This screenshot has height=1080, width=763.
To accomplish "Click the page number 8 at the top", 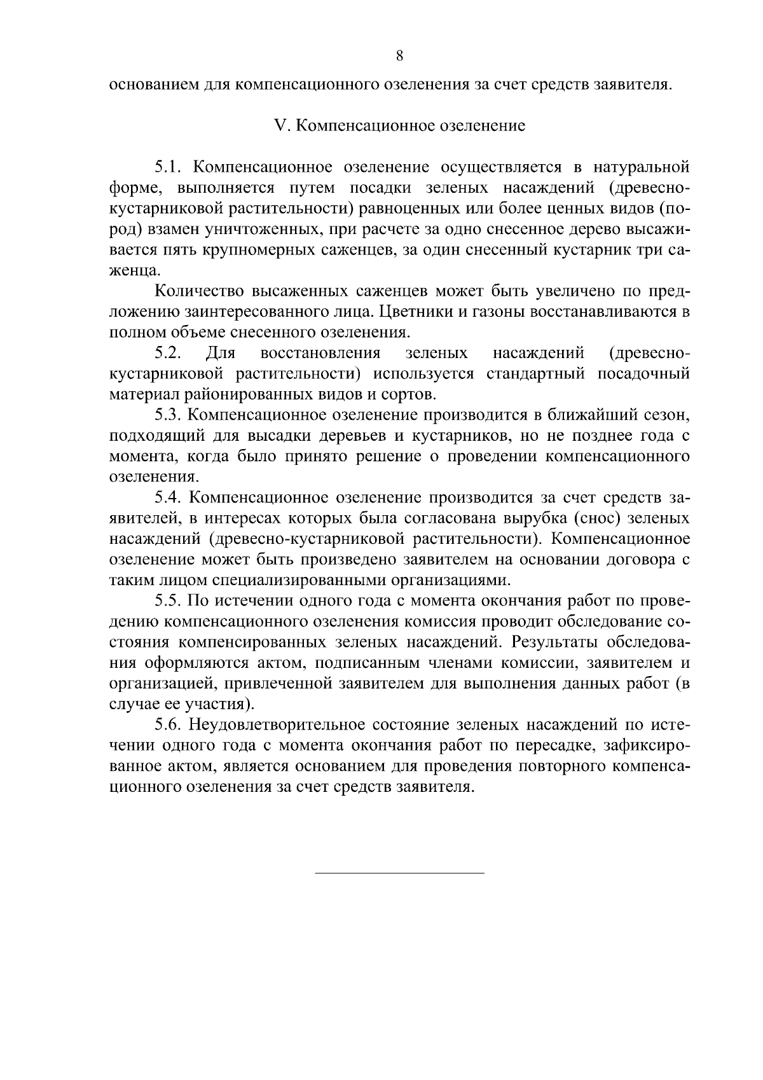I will pyautogui.click(x=399, y=55).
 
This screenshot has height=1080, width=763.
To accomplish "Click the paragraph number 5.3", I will pyautogui.click(x=168, y=415).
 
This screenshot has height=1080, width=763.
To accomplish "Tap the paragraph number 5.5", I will pyautogui.click(x=168, y=601).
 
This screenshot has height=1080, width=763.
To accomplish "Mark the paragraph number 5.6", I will pyautogui.click(x=168, y=725).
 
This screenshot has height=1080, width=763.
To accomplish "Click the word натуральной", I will pyautogui.click(x=642, y=167).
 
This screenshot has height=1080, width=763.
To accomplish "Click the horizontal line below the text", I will pyautogui.click(x=399, y=873).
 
